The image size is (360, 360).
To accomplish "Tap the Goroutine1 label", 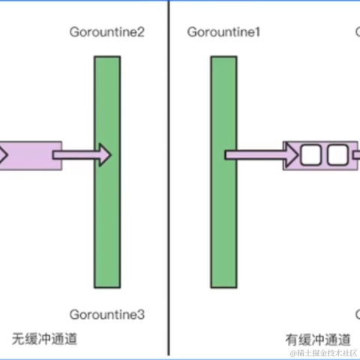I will tap(223, 32).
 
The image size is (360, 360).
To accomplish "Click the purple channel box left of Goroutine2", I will tap(30, 156).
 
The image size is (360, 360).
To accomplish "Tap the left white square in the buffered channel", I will tap(311, 156).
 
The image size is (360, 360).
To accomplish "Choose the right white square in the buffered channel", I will tap(337, 156).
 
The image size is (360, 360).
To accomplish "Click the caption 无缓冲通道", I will tap(44, 338).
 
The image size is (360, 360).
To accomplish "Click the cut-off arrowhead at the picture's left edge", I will tap(3, 156).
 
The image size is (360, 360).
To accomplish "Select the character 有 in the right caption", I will tap(290, 338).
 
